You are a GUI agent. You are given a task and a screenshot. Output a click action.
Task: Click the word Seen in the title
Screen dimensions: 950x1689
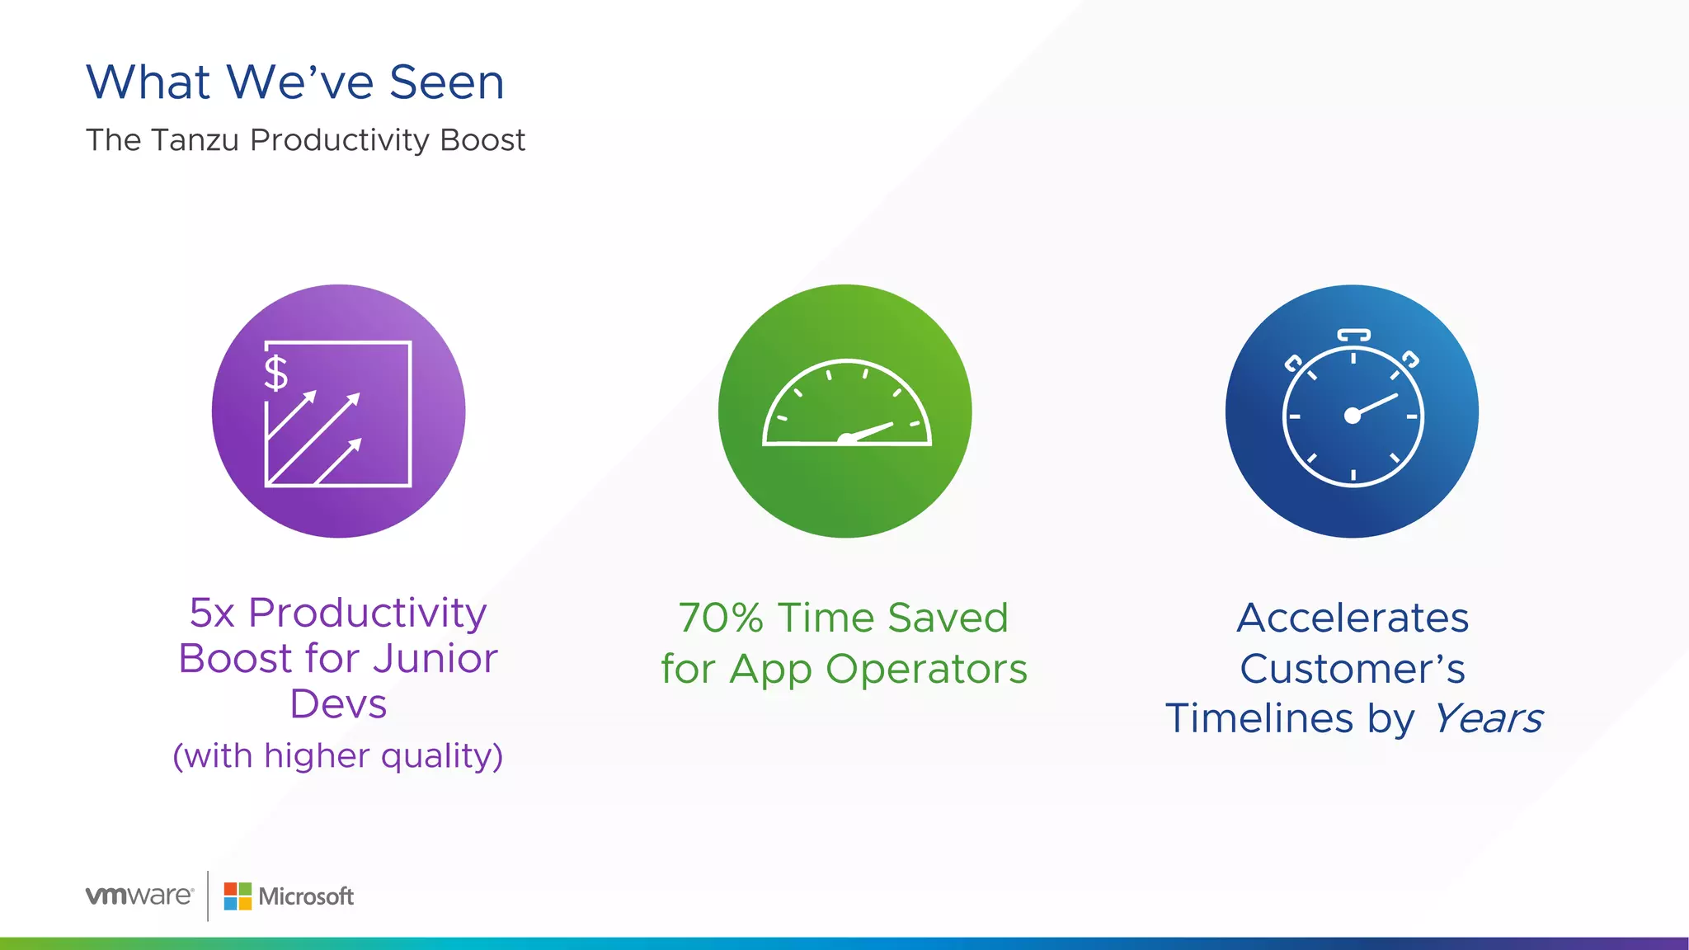[x=446, y=82]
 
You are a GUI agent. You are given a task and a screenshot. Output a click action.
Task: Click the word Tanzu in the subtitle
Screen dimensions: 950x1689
[x=195, y=140]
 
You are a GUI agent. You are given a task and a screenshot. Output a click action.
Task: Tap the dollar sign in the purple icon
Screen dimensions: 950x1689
[x=275, y=373]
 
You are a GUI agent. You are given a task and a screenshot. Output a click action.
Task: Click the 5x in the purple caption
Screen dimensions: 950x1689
[x=212, y=613]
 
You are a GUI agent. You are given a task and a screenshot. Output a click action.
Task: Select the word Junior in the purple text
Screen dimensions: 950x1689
[x=435, y=658]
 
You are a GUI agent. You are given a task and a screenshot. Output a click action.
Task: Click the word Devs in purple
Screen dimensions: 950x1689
[x=338, y=704]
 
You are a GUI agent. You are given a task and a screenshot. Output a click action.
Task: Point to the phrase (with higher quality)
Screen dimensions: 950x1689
[x=338, y=755]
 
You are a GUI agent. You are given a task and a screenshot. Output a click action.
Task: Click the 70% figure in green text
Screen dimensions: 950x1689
[x=721, y=618]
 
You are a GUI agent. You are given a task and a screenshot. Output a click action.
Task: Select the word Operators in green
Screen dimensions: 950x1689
[x=926, y=669]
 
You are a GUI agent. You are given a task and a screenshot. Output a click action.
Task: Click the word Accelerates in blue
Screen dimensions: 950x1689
[x=1353, y=618]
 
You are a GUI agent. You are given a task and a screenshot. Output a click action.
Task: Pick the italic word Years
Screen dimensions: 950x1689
[x=1487, y=718]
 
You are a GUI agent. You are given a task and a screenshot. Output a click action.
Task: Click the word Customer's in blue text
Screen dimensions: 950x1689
[x=1353, y=669]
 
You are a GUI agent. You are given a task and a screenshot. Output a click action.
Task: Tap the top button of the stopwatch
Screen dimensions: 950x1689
[x=1353, y=335]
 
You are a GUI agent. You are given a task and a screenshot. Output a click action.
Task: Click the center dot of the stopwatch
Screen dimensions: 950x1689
[x=1353, y=416]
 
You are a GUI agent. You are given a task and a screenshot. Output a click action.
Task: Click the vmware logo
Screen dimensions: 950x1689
[x=139, y=896]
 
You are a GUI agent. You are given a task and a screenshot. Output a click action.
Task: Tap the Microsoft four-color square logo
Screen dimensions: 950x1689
[x=238, y=896]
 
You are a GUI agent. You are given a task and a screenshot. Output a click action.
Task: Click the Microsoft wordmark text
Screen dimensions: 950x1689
[x=306, y=896]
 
